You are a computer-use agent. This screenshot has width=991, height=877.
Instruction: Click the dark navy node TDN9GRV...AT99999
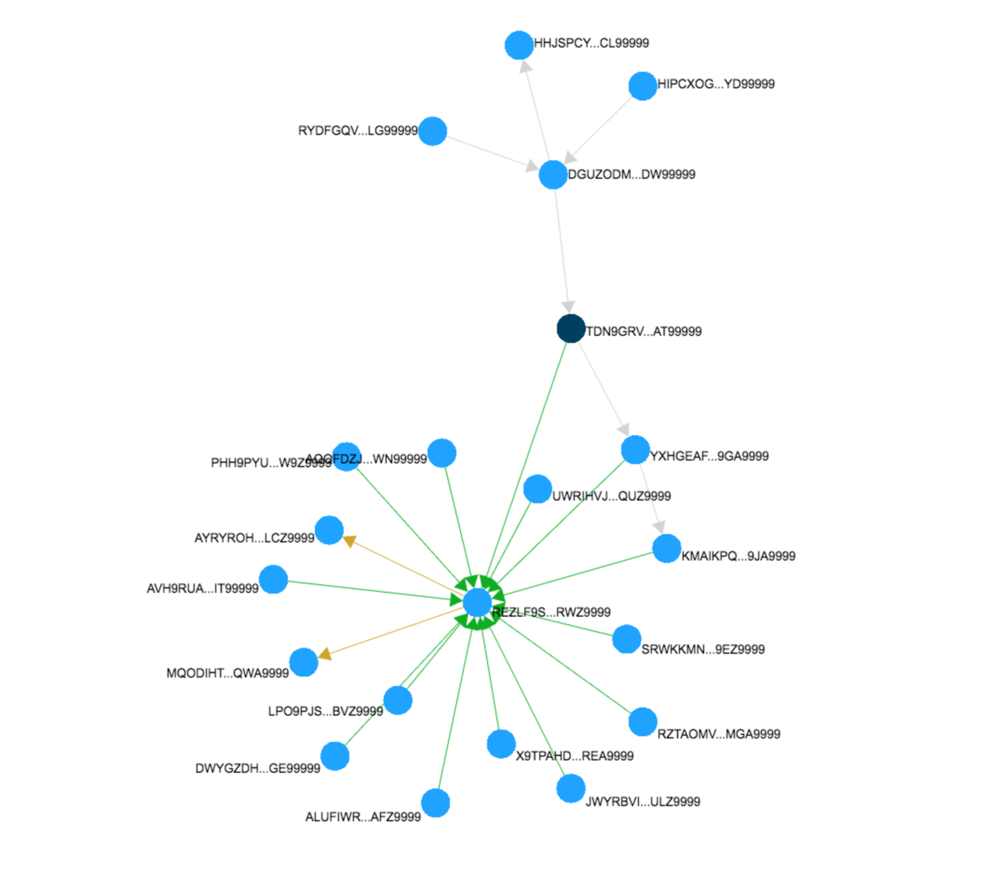(571, 329)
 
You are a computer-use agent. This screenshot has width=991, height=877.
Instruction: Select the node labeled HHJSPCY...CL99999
(519, 45)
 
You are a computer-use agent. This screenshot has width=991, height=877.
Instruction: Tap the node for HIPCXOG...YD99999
(642, 86)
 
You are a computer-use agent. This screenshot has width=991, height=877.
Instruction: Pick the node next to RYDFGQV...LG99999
(433, 131)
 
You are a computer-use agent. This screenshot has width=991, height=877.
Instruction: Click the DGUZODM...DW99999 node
(553, 175)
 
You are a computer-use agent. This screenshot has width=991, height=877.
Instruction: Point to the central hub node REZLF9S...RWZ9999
(477, 603)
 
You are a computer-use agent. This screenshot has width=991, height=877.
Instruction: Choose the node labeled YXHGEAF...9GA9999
(635, 450)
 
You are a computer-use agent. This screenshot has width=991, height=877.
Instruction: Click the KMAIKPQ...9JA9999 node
(666, 549)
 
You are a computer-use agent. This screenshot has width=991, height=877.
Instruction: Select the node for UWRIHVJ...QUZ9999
(538, 489)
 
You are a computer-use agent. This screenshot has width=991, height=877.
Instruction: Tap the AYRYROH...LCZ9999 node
(329, 530)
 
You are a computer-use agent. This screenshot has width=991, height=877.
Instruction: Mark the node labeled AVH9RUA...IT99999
(273, 579)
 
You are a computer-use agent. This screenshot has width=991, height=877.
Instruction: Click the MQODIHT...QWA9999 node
(303, 663)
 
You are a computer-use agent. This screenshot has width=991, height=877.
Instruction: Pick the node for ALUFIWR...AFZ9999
(435, 803)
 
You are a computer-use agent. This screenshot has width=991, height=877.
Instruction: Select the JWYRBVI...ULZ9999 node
(571, 789)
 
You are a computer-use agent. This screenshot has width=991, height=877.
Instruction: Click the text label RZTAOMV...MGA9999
(719, 734)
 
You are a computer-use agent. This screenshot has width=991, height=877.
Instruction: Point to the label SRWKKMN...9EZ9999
(703, 649)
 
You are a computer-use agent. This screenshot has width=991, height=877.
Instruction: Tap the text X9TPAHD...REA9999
(575, 756)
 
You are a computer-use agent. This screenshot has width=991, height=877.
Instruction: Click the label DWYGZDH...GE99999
(258, 769)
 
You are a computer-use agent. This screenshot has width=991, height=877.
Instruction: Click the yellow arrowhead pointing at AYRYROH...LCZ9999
(349, 540)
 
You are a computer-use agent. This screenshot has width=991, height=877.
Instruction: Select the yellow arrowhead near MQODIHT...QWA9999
(325, 654)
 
